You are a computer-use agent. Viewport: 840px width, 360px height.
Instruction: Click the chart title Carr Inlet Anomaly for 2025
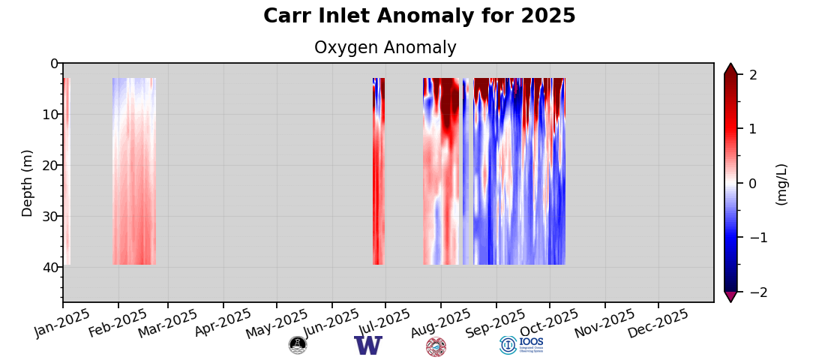[x=419, y=16]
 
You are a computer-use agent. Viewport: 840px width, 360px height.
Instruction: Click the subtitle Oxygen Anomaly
[x=385, y=48]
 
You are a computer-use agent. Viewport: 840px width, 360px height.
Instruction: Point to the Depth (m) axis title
[x=28, y=183]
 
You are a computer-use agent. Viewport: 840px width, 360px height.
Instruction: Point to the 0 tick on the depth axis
[x=53, y=64]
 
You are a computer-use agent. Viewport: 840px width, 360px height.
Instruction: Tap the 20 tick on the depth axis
[x=49, y=166]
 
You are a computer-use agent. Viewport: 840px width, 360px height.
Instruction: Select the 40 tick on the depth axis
[x=49, y=268]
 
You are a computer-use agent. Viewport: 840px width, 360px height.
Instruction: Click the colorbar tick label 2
[x=753, y=75]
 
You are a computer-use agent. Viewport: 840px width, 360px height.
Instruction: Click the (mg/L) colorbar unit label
[x=782, y=184]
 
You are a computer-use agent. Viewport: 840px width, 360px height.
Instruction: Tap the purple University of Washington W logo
[x=368, y=346]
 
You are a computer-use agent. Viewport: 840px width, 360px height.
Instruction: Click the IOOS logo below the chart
[x=521, y=345]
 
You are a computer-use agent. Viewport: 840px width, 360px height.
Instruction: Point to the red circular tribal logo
[x=436, y=346]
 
